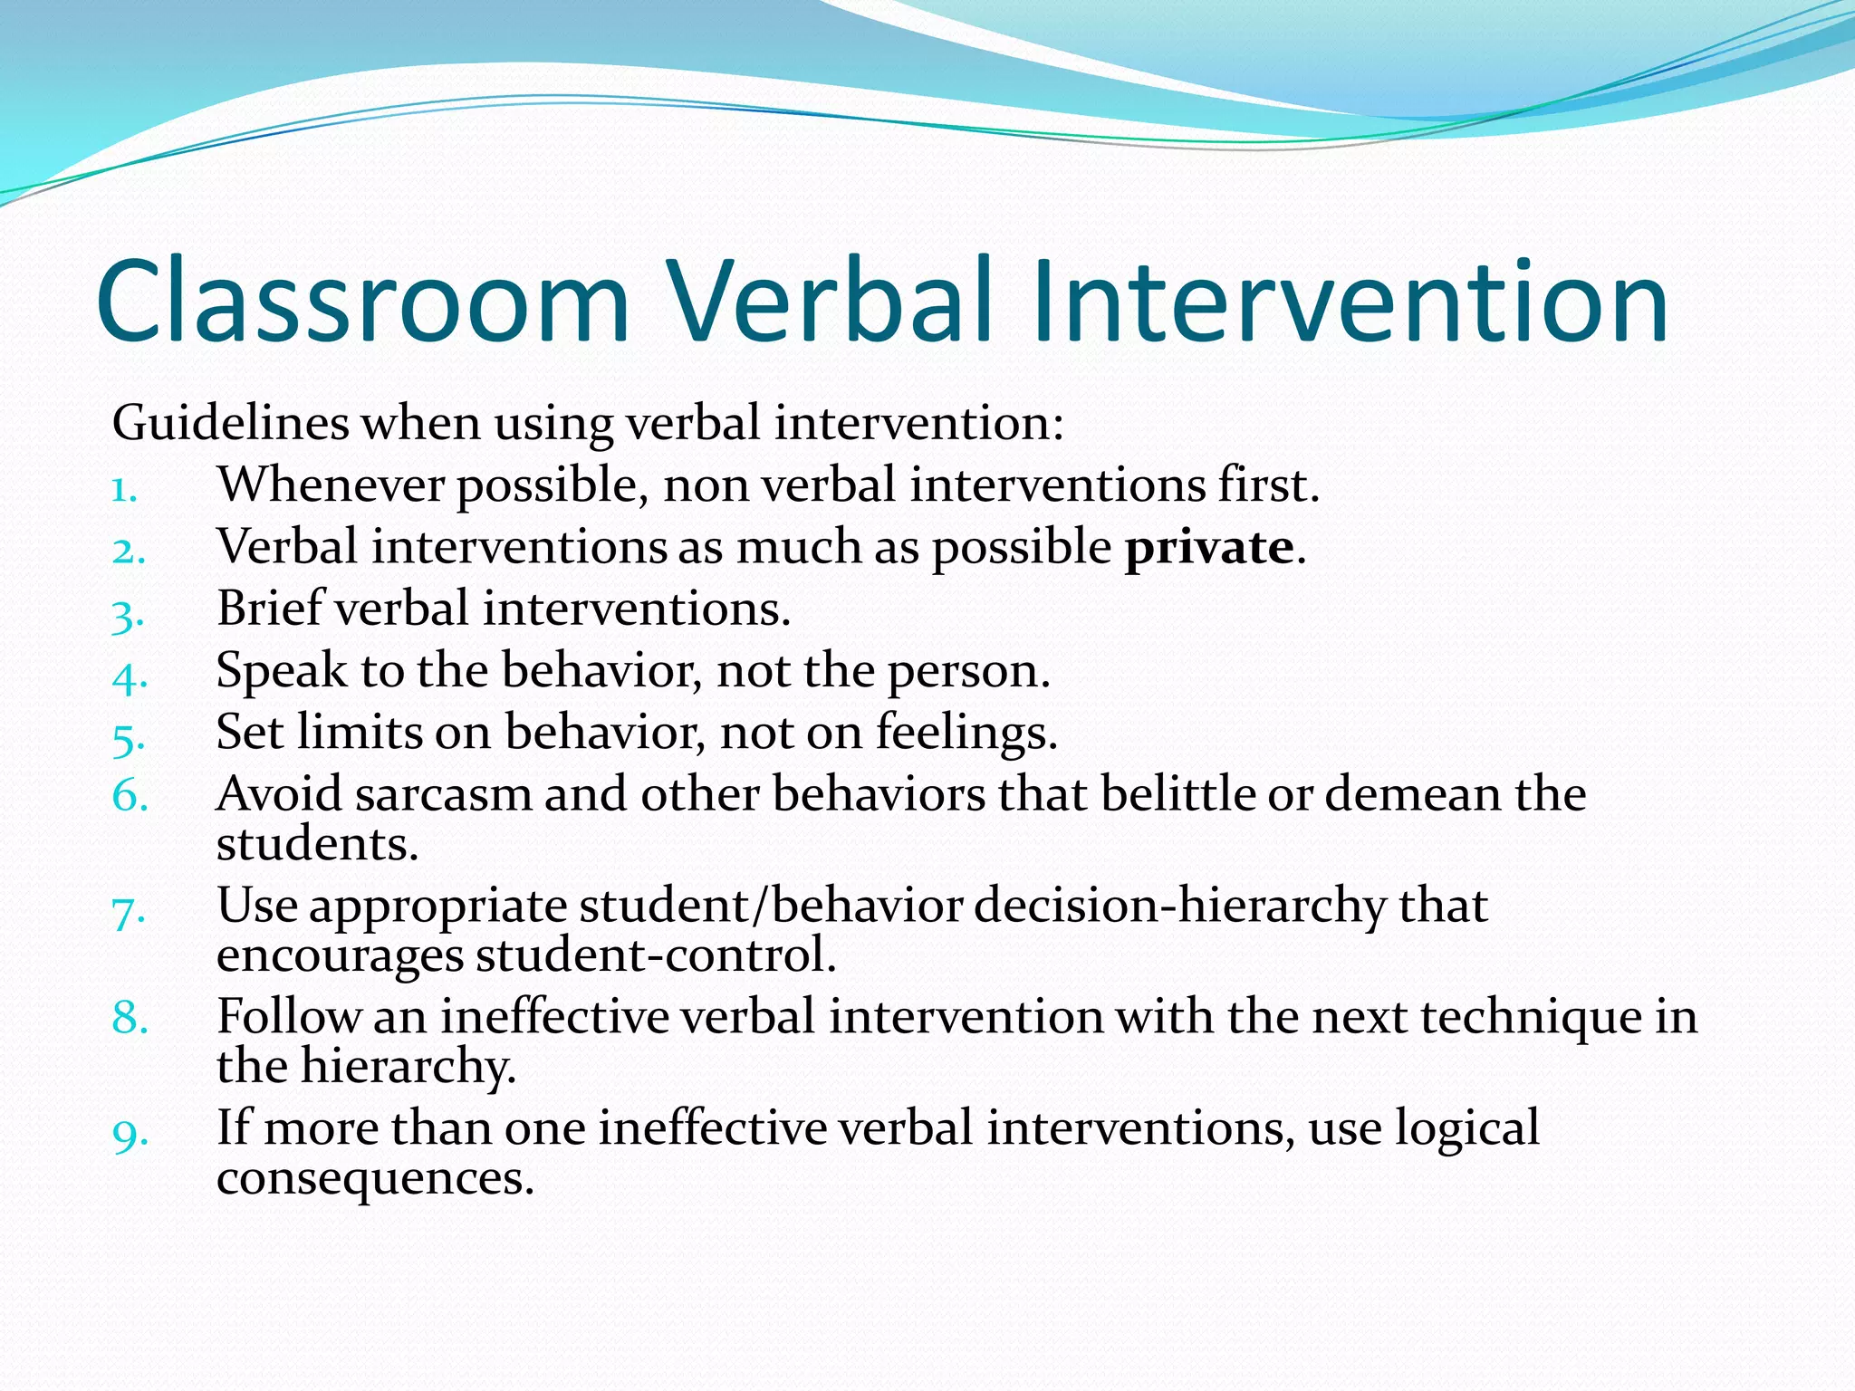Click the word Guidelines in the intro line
coord(230,423)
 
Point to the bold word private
coord(1208,547)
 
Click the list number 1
coord(124,490)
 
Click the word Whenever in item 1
coord(330,485)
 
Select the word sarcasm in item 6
coord(443,795)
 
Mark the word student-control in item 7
coord(654,956)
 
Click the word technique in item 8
coord(1531,1017)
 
